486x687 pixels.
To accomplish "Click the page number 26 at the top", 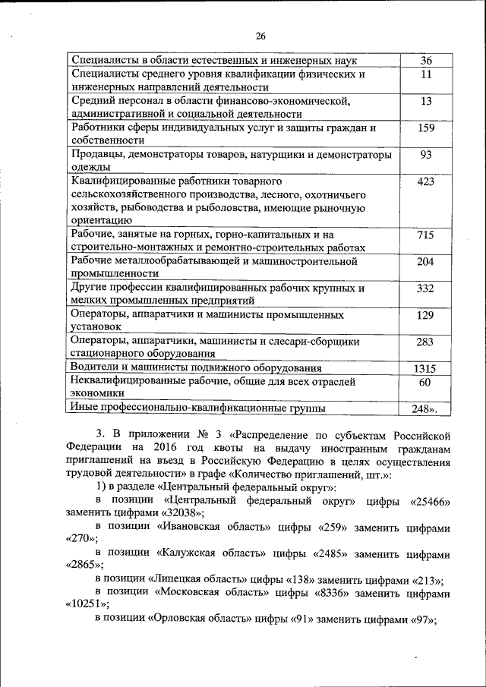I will click(260, 36).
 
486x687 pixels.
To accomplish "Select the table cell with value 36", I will click(425, 61).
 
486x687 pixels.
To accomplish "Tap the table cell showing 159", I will click(425, 128).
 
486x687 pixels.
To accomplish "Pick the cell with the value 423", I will click(425, 182).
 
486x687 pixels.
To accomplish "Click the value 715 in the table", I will click(425, 235).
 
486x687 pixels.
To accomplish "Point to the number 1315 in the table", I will click(425, 368).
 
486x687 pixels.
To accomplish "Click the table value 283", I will click(425, 342).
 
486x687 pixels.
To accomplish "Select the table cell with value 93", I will click(425, 155).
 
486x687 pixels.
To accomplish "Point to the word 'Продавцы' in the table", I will click(96, 155).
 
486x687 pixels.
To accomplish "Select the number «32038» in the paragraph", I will click(179, 514).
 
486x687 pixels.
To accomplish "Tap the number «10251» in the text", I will click(87, 604).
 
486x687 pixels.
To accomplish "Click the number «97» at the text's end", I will click(422, 619).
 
